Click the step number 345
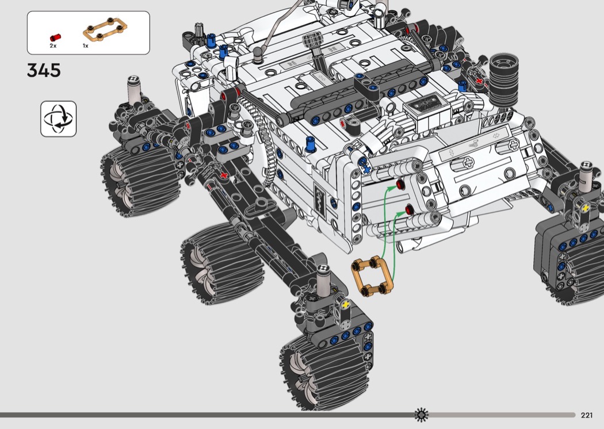44,71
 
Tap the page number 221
587,415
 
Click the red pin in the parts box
55,37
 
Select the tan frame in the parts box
105,29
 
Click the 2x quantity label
53,46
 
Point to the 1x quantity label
86,46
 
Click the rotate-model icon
59,118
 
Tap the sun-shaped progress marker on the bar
422,415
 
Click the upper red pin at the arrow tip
401,185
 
